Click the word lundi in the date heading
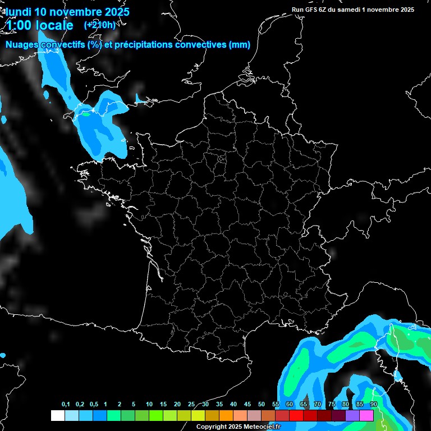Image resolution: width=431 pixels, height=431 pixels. (18, 11)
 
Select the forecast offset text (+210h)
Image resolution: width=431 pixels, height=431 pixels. (99, 25)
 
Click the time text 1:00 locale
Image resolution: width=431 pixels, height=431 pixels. (39, 26)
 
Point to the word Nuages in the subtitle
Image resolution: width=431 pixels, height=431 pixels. (22, 45)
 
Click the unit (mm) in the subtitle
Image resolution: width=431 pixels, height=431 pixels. (240, 45)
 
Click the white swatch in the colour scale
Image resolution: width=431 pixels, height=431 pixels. (57, 415)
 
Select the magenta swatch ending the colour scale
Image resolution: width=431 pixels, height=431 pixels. (366, 415)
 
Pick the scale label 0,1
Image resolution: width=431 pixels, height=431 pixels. (66, 405)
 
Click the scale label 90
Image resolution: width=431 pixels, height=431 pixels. (374, 405)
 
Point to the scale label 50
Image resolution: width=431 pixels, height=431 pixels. (262, 405)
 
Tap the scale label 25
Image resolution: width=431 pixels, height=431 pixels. (191, 405)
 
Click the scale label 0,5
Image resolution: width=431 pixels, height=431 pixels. (94, 405)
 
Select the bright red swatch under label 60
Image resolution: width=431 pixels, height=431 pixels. (296, 415)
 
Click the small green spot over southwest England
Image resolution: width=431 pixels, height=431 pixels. (86, 114)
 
